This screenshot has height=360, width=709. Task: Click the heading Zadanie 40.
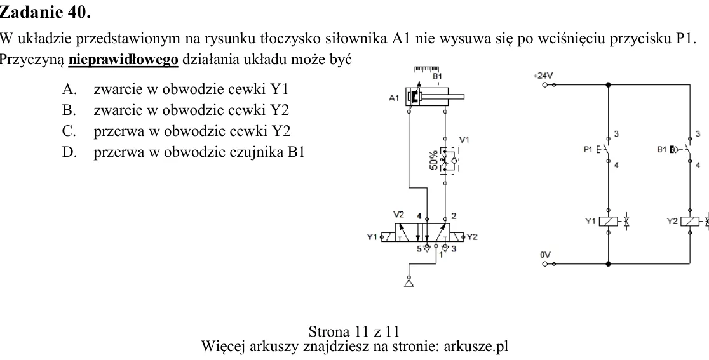[x=45, y=12]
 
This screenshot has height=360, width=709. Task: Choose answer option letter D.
[x=69, y=152]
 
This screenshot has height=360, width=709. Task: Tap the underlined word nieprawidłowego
[x=123, y=60]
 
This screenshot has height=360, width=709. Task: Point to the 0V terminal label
[x=545, y=255]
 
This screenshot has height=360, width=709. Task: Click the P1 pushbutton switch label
[x=588, y=149]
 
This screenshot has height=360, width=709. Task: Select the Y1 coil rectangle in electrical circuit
[x=609, y=222]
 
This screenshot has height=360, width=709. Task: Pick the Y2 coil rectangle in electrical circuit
[x=690, y=222]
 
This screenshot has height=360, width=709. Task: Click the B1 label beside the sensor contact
[x=661, y=149]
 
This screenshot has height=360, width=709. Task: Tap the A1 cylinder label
[x=394, y=98]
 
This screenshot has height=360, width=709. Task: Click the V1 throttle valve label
[x=464, y=140]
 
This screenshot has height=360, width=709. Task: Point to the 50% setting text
[x=434, y=161]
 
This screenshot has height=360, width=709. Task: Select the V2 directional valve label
[x=398, y=214]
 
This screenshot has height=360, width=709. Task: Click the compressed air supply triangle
[x=409, y=283]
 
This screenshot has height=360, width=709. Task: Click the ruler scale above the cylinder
[x=426, y=69]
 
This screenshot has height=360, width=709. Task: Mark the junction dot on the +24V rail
[x=608, y=84]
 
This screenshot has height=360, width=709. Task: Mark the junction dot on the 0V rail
[x=608, y=263]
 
